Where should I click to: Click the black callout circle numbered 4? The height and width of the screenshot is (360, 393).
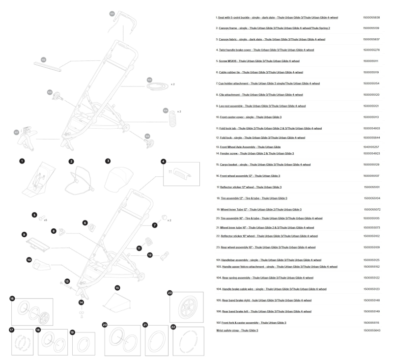coord(164,161)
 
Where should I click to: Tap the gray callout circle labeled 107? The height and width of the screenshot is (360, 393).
coord(16,132)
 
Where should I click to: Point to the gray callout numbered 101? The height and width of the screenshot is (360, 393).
coord(112,13)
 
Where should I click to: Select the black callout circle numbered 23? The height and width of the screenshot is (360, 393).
coord(170,293)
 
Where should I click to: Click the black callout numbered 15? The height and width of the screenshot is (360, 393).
coord(117,287)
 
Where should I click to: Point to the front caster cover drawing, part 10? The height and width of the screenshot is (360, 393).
coord(41,267)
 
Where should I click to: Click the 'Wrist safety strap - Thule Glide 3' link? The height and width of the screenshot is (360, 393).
coord(237,331)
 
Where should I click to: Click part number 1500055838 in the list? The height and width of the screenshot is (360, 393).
coord(371,17)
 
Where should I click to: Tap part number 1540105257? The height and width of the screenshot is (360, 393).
coord(371,147)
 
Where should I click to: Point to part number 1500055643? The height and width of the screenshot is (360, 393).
coord(371,331)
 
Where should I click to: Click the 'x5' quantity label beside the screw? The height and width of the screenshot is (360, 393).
coord(45,220)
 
